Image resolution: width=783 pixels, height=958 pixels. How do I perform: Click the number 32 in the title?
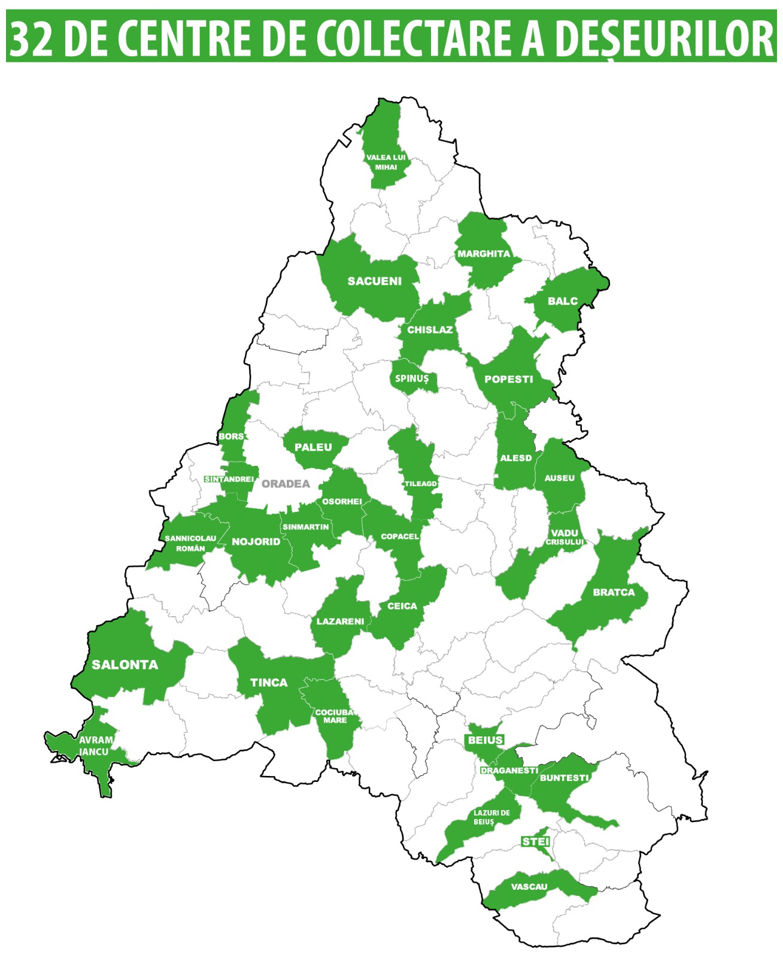(x=31, y=40)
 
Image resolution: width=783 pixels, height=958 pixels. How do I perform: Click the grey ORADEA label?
(x=286, y=484)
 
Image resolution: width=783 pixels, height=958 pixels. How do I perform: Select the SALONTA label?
(x=125, y=665)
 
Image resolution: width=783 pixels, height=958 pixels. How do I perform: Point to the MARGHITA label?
(x=484, y=254)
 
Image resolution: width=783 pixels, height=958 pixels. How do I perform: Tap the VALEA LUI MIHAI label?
(x=386, y=162)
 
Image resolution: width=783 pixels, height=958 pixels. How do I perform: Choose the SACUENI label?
(x=375, y=281)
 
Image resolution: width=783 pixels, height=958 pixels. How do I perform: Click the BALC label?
(x=563, y=301)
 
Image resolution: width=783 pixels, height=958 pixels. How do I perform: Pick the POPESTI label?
(x=508, y=379)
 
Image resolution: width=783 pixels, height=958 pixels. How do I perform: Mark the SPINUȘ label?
(x=412, y=378)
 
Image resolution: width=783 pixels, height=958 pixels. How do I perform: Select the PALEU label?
(x=313, y=447)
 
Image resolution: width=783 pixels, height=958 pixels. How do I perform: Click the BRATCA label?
(x=614, y=592)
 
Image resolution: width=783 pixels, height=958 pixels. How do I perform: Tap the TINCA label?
(x=269, y=683)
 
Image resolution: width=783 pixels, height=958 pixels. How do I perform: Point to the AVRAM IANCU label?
(x=95, y=746)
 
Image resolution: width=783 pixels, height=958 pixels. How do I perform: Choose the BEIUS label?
(x=485, y=741)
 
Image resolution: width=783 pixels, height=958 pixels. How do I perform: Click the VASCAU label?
(x=529, y=887)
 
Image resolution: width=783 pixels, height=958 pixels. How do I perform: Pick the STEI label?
(x=536, y=842)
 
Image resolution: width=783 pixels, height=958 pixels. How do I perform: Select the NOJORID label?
(x=256, y=542)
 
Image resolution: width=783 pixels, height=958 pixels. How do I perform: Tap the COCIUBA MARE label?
(x=334, y=716)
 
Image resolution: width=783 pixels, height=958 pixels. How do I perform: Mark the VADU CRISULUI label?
(x=565, y=537)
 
